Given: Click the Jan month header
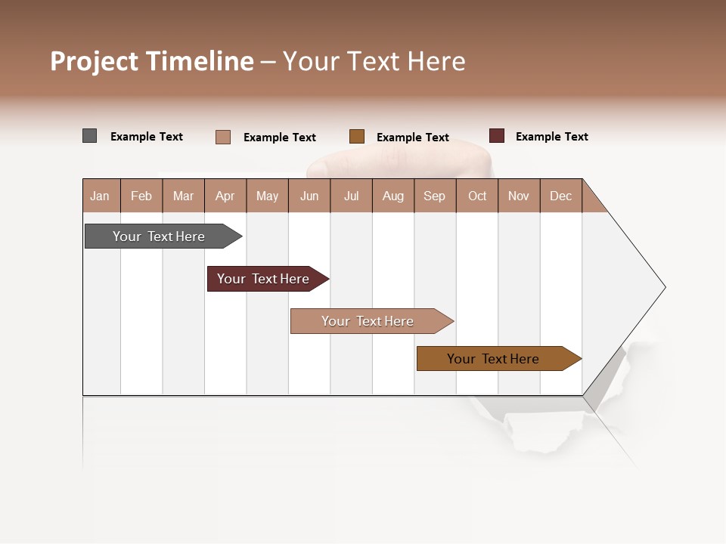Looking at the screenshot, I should point(100,196).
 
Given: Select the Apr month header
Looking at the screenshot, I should point(225,196).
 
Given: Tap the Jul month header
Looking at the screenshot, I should point(351,196).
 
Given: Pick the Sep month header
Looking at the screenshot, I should point(434,196).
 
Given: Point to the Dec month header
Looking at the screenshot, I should point(560,196).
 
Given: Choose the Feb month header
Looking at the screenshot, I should point(141,196).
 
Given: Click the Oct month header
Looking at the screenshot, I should point(477,196).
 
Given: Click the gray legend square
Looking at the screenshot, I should point(89,136).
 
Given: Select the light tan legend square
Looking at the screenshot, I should point(222,137).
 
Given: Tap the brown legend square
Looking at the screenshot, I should point(357,137).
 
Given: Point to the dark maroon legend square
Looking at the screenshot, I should point(496,136).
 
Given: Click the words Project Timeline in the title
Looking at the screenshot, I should point(151,61).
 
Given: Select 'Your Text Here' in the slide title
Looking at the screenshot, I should point(374,61).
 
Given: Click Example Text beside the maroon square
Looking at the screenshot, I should point(551,137).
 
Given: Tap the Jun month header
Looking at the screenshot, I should point(309,196).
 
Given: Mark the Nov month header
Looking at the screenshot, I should point(519,196).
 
